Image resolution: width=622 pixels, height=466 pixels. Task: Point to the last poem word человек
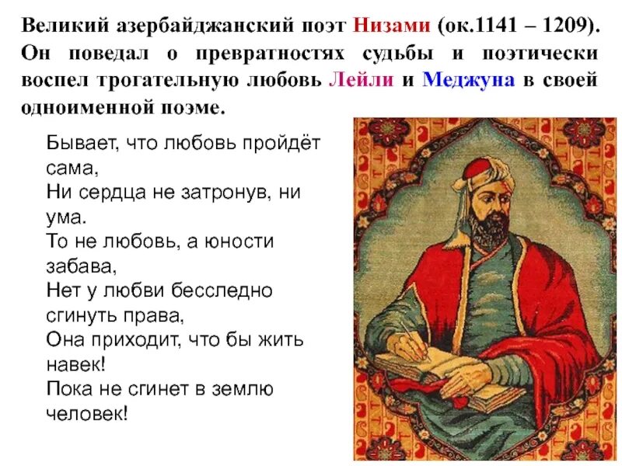coord(86,412)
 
